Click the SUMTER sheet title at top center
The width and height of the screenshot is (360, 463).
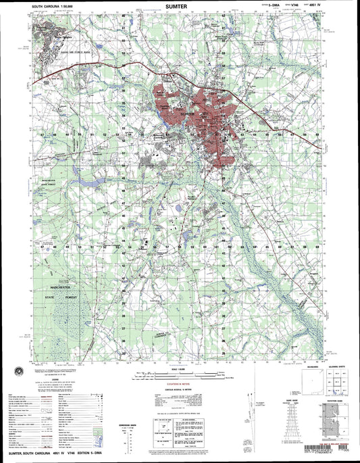tap(180, 5)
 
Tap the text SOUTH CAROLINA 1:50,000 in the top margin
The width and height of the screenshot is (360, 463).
tap(51, 6)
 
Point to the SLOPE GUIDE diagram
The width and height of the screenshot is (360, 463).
tap(296, 419)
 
